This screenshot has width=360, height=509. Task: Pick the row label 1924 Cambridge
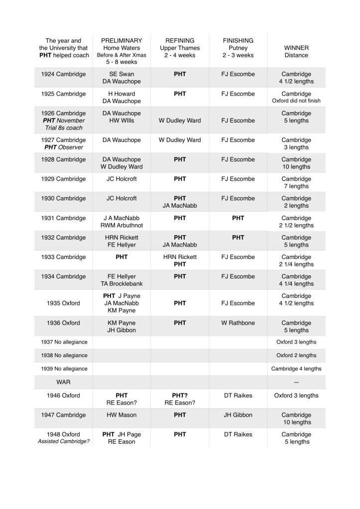point(63,74)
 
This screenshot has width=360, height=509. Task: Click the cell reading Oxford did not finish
point(296,101)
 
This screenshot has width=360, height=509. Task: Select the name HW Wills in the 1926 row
point(121,121)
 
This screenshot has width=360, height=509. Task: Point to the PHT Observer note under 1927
point(63,147)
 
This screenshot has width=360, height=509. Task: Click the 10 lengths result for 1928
point(296,167)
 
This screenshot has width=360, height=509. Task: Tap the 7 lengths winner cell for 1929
point(296,186)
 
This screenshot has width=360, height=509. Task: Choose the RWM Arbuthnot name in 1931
point(121,226)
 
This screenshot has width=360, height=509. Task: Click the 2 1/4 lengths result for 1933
point(296,264)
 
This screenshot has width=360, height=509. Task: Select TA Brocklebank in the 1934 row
point(121,284)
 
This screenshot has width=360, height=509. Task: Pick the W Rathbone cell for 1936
point(238,323)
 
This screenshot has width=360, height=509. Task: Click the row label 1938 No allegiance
point(63,355)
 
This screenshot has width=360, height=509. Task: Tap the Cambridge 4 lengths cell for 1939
point(296,369)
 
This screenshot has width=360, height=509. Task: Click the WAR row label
point(63,382)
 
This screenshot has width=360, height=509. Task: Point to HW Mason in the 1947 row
point(121,415)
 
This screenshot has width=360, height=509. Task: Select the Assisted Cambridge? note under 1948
point(63,442)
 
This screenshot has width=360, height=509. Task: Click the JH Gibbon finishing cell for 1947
point(238,415)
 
